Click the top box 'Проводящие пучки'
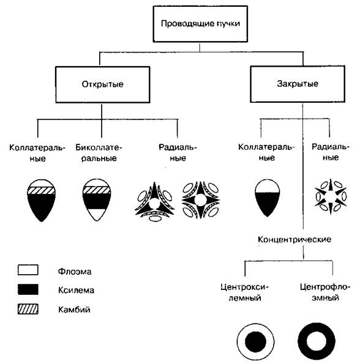(200, 24)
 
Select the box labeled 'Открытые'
(102, 85)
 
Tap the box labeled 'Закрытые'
(298, 84)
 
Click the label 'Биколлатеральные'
(99, 153)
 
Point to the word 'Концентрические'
(294, 239)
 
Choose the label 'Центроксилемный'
(244, 292)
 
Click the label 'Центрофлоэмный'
(325, 292)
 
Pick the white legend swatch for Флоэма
(28, 270)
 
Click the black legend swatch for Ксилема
(28, 289)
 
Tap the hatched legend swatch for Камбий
(28, 309)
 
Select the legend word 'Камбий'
(74, 310)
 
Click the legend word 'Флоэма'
(75, 272)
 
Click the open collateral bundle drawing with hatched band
(42, 200)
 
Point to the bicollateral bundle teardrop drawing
(97, 200)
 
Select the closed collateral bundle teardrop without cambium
(268, 198)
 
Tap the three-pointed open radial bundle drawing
(154, 201)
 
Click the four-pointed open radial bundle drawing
(200, 200)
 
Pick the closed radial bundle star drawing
(331, 196)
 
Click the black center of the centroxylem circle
(255, 342)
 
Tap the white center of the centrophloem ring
(317, 341)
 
